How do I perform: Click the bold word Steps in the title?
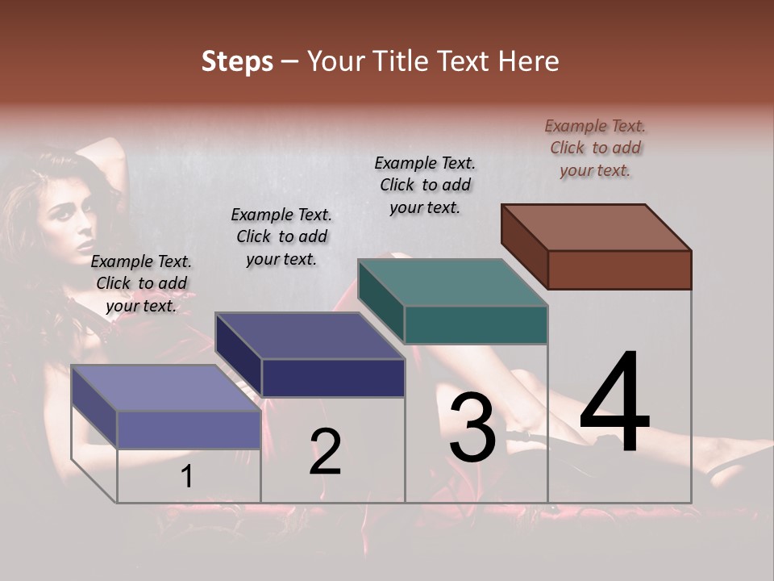(x=237, y=61)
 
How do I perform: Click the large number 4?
(x=614, y=403)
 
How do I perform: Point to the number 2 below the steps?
(x=325, y=452)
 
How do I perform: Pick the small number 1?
(x=187, y=477)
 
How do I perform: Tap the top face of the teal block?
(x=453, y=282)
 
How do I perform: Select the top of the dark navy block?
(x=310, y=335)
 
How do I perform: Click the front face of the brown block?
(x=619, y=270)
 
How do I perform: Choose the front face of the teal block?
(x=476, y=324)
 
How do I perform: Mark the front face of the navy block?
(x=333, y=378)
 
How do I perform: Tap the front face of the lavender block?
(x=189, y=429)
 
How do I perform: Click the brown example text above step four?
(x=595, y=148)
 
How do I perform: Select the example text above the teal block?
(x=425, y=185)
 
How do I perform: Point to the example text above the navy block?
(x=281, y=236)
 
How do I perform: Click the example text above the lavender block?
(x=141, y=283)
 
